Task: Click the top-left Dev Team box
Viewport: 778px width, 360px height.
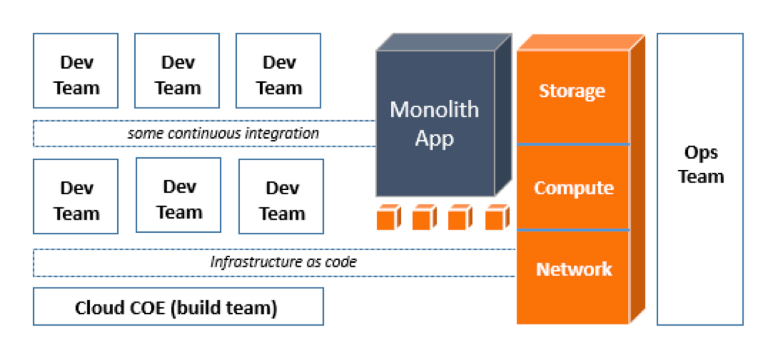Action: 76,71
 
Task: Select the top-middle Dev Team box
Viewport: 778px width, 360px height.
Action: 177,71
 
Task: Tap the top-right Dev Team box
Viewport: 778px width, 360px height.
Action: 278,71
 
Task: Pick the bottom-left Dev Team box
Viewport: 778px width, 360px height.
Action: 76,197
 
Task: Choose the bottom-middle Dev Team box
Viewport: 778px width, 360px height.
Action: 178,195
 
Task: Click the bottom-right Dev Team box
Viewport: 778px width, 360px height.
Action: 281,197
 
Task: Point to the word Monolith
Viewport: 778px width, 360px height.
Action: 434,110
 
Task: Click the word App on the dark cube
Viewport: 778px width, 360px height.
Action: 434,139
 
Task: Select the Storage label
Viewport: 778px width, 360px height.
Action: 572,91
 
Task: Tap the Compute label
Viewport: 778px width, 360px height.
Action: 574,188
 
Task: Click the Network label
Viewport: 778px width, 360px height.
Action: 574,269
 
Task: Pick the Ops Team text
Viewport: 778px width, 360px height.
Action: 700,164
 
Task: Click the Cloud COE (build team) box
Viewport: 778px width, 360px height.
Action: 178,306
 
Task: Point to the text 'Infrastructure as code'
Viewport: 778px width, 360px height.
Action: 283,262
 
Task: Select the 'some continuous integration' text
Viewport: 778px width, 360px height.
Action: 223,133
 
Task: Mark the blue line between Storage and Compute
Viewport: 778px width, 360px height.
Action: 573,144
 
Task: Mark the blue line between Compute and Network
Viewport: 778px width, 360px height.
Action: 573,230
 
